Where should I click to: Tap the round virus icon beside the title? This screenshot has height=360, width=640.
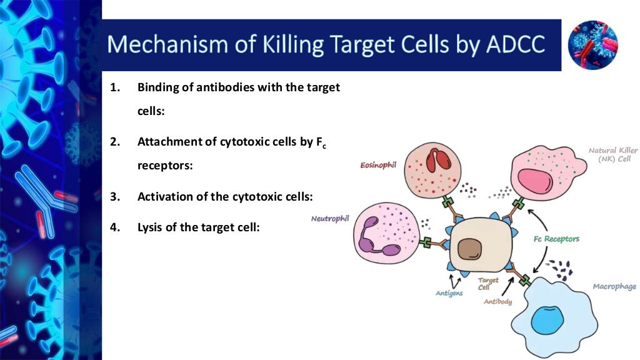coord(592,44)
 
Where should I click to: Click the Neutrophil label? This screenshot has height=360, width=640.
coord(330,219)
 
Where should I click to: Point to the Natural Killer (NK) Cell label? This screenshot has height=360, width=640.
coord(612,154)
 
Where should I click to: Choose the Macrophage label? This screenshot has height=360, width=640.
coord(614,287)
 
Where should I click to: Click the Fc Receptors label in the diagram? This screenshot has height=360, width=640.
coord(556,239)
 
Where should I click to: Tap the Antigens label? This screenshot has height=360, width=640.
coord(449,293)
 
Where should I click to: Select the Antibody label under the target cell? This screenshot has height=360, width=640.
coord(498,302)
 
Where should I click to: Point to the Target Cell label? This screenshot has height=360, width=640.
coord(488,284)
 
